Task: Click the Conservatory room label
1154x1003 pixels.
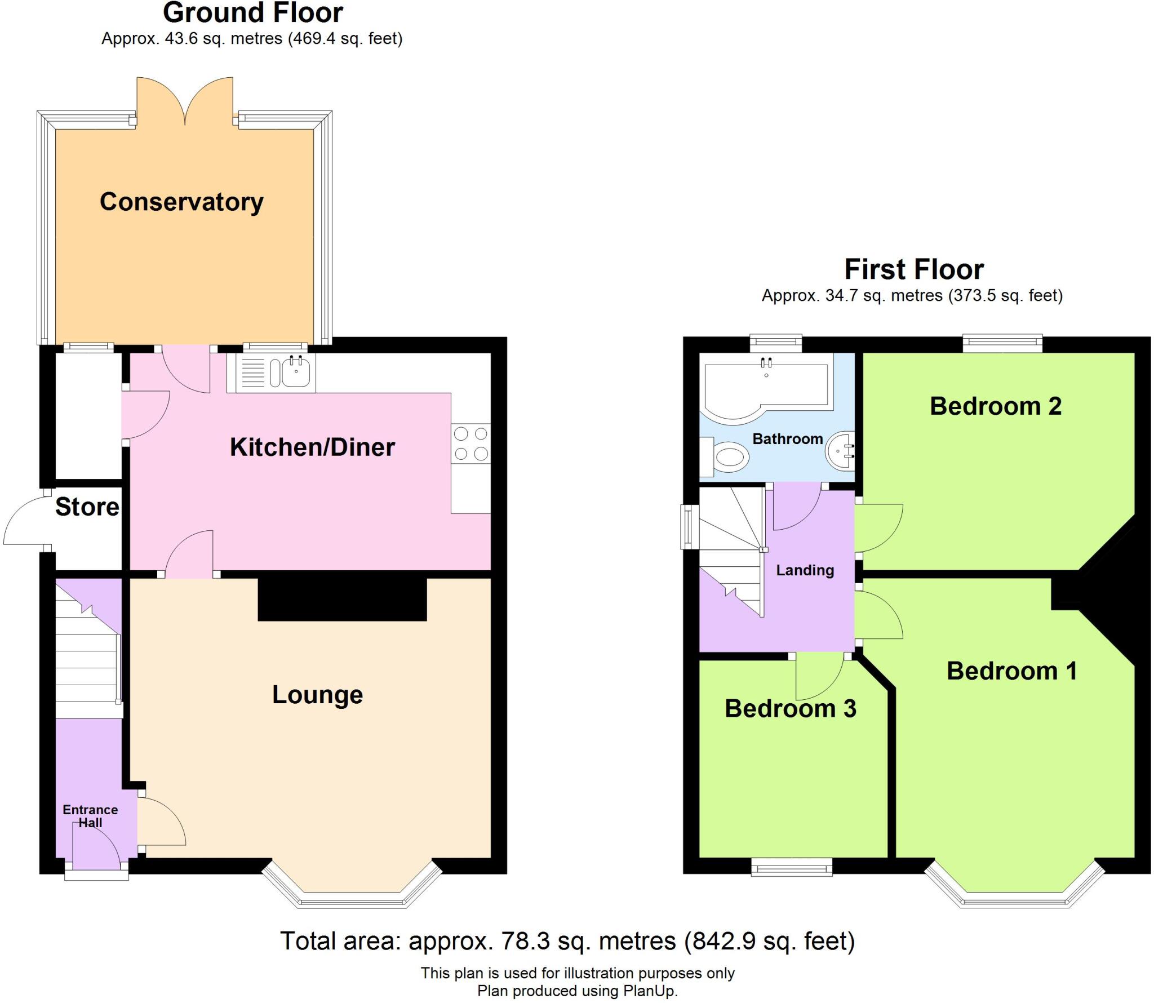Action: pos(181,202)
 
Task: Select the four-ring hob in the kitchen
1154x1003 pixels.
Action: pos(471,443)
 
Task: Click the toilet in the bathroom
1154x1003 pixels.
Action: pos(729,456)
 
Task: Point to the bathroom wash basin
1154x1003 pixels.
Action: pos(841,451)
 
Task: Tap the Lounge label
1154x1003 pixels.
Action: pos(317,694)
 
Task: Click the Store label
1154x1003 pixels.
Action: pos(87,507)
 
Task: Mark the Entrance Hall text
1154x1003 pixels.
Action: pos(90,816)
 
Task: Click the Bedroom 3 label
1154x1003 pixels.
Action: pos(790,708)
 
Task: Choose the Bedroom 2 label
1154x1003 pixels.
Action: pos(995,406)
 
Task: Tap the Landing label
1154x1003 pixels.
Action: pos(805,570)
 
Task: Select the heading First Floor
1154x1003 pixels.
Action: pos(913,269)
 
